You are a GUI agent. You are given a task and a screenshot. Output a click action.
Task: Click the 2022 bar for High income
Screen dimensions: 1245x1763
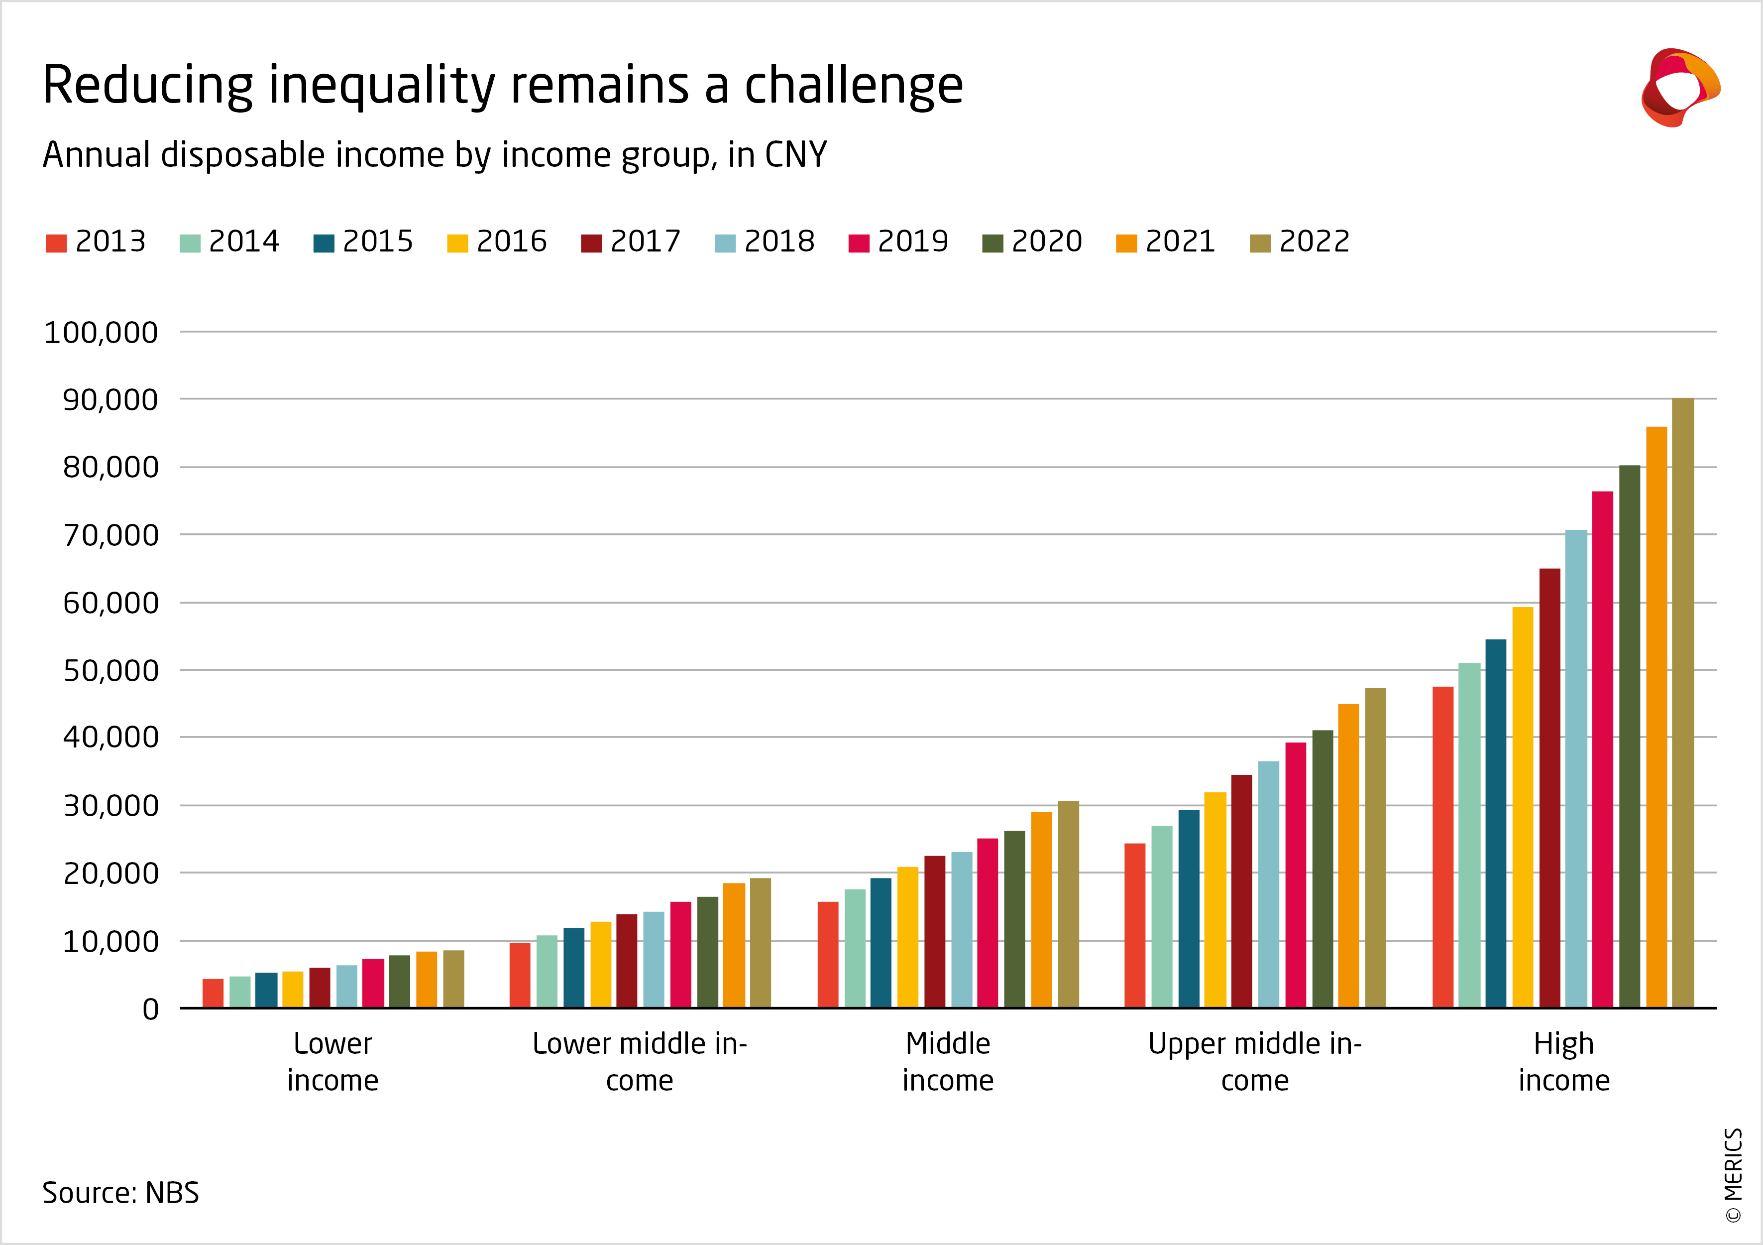1682,703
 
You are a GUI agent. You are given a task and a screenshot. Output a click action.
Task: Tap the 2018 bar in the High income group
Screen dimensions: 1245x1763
1576,768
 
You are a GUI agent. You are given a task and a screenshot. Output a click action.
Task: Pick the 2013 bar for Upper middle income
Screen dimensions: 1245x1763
1135,925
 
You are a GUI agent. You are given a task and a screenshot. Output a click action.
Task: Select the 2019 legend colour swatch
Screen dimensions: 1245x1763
859,244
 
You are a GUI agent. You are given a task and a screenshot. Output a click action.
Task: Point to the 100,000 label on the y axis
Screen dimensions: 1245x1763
101,333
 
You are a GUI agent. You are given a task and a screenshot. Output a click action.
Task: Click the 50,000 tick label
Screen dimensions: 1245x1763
110,670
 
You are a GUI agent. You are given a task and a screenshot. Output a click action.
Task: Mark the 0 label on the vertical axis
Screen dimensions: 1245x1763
150,1009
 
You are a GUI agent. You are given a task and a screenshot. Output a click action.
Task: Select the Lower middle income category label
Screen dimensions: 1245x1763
640,1061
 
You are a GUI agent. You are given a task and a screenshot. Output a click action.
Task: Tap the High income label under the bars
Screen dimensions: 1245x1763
1563,1061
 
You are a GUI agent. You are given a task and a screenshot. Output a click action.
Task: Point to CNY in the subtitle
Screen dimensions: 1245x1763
795,155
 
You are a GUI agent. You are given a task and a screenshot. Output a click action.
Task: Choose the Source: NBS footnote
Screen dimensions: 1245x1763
120,1193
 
